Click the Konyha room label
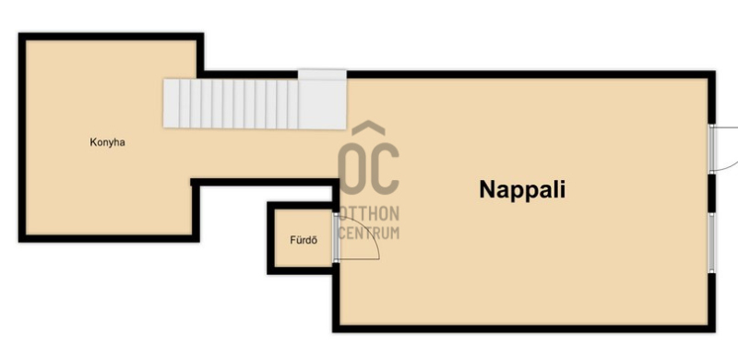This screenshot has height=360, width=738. [x=107, y=142]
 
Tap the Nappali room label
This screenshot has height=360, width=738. [x=522, y=190]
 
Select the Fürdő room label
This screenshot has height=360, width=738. [x=304, y=240]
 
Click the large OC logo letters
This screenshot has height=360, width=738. [x=368, y=168]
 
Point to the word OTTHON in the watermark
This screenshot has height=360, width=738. [x=368, y=214]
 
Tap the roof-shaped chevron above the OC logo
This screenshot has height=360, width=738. [x=368, y=128]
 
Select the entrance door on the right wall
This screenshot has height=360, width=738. [x=712, y=149]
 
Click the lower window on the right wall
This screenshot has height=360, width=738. [x=711, y=243]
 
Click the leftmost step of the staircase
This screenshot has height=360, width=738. [x=172, y=103]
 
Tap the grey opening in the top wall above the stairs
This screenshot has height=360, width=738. [x=322, y=75]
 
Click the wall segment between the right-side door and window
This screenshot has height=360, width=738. [x=711, y=193]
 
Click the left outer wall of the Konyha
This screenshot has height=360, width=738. [x=22, y=138]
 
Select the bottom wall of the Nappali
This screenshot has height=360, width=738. [x=524, y=329]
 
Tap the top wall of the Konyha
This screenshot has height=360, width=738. [x=111, y=37]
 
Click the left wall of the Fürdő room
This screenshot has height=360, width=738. [x=270, y=238]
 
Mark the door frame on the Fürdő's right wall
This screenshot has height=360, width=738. [x=336, y=237]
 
